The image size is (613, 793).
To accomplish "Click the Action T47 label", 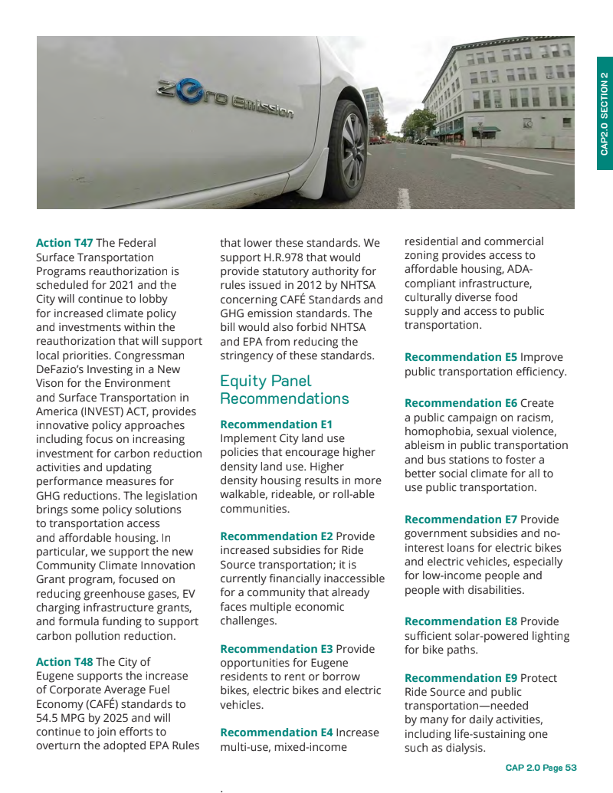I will (x=64, y=243).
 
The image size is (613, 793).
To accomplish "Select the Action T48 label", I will (x=64, y=662).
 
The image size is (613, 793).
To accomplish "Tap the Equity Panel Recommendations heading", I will (x=284, y=389).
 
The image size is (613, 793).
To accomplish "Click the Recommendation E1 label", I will (x=276, y=424).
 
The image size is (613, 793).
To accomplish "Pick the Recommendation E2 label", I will (x=276, y=536).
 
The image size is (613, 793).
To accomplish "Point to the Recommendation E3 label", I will (x=276, y=649).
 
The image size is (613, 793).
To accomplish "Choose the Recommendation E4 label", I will (x=276, y=732).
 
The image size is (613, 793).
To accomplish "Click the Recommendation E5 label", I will (x=461, y=357).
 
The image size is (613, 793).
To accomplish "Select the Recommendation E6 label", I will (x=461, y=403).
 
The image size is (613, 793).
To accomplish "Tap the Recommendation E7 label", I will (x=461, y=519).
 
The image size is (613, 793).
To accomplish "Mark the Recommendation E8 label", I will (x=461, y=621).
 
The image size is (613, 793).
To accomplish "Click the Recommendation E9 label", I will (x=461, y=678).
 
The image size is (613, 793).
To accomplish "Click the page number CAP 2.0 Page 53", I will (x=540, y=768).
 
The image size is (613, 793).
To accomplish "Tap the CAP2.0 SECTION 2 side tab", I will (x=604, y=113).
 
